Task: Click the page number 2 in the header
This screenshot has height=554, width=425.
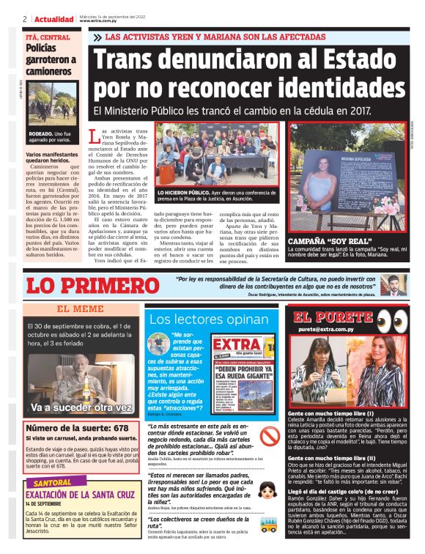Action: (x=25, y=18)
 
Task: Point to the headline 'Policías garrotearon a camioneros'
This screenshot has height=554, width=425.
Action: (x=49, y=59)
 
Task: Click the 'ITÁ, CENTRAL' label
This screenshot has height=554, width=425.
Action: (x=49, y=37)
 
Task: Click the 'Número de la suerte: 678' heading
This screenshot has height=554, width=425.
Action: (x=67, y=427)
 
